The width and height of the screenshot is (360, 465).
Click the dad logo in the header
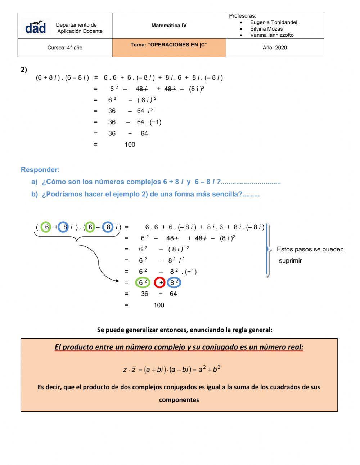pos(36,27)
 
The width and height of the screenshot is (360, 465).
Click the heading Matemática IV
pos(169,26)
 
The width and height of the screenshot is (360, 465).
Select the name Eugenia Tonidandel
pos(273,22)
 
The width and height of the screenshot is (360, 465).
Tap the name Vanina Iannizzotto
pos(272,35)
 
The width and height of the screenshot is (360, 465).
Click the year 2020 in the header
pos(275,48)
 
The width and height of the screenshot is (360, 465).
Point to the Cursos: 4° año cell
pos(65,48)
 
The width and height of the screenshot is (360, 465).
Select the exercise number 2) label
pos(24,70)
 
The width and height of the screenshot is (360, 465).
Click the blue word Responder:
pos(40,170)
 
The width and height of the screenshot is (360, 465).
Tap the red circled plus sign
pos(159,283)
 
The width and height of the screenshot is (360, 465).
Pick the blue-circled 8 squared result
pos(174,283)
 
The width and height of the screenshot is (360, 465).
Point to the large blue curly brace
pos(268,250)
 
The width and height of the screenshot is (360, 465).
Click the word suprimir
pos(290,261)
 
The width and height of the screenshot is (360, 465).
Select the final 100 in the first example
pos(130,144)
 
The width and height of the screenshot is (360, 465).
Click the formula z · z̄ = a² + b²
pos(171,370)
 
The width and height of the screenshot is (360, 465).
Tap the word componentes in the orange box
pos(179,399)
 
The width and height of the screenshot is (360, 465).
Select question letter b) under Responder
pos(35,194)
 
